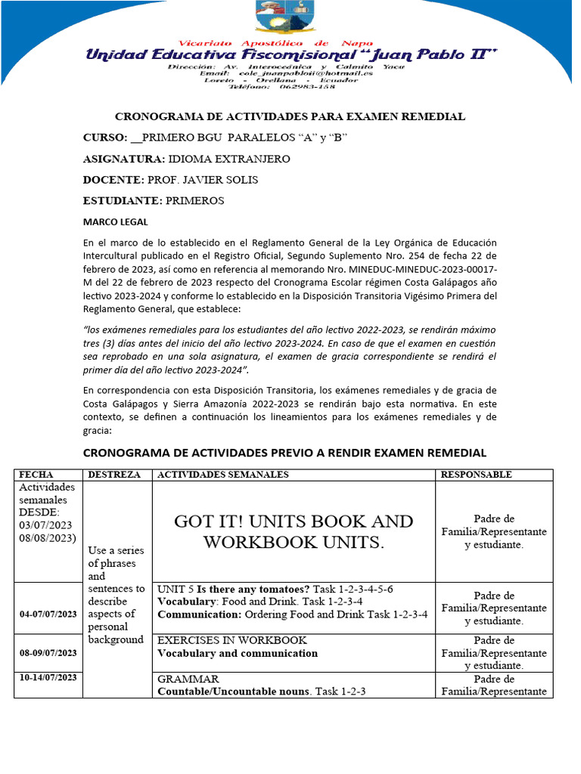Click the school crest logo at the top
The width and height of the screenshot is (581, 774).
pyautogui.click(x=290, y=18)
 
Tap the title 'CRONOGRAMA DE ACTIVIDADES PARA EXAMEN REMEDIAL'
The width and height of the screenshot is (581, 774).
pyautogui.click(x=290, y=116)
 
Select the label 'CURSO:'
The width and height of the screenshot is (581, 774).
pyautogui.click(x=105, y=138)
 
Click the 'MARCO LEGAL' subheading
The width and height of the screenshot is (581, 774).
pyautogui.click(x=116, y=222)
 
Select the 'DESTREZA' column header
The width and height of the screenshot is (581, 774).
pyautogui.click(x=114, y=475)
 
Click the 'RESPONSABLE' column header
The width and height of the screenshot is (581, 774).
pyautogui.click(x=476, y=475)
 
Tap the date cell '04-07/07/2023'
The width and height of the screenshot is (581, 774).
pyautogui.click(x=48, y=614)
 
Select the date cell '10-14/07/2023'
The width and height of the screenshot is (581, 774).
pyautogui.click(x=48, y=677)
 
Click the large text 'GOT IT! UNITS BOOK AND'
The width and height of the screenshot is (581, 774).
pyautogui.click(x=294, y=522)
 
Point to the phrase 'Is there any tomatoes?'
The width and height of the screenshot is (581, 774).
pyautogui.click(x=257, y=589)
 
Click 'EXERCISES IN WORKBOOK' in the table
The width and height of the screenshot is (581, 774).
pyautogui.click(x=231, y=640)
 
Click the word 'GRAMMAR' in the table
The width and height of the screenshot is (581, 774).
pyautogui.click(x=188, y=679)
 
